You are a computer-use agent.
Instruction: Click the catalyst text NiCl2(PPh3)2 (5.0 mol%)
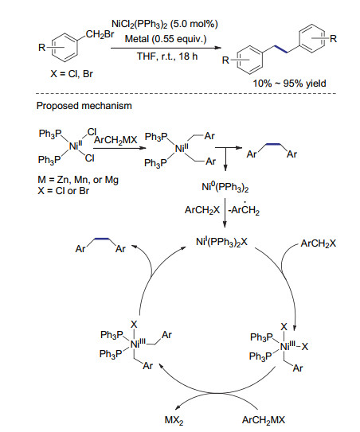point(165,24)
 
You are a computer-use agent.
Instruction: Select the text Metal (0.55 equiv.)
point(166,39)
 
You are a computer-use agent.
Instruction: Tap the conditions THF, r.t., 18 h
point(167,56)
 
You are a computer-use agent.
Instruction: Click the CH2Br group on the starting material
point(100,34)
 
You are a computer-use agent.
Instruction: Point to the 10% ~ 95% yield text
point(289,84)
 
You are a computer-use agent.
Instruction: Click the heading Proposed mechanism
point(84,106)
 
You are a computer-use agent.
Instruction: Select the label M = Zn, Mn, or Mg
point(78,180)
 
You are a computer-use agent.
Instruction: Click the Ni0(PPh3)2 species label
point(225,187)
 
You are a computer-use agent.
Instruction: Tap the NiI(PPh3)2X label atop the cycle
point(221,242)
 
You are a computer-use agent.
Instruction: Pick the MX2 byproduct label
point(174,420)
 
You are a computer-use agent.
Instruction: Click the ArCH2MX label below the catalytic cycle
point(264,420)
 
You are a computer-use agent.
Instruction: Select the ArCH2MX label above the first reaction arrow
point(115,140)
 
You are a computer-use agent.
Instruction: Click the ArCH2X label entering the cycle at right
point(319,243)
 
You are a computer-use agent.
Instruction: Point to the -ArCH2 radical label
point(245,210)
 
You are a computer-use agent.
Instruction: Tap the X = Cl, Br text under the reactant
point(72,73)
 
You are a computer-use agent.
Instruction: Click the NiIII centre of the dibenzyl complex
point(138,343)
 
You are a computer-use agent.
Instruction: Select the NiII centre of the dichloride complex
point(75,146)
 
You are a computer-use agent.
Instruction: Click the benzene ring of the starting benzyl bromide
point(65,48)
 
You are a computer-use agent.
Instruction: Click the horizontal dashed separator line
point(186,94)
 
